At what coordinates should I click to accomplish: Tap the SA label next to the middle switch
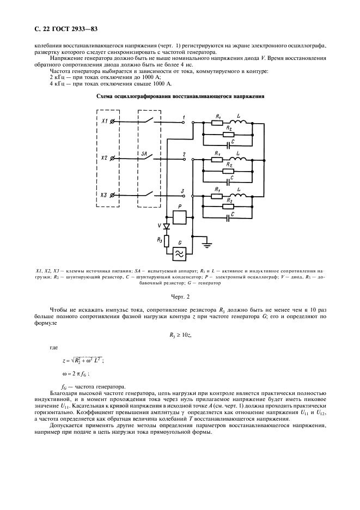[x=145, y=154]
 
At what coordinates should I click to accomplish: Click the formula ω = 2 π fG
[x=79, y=374]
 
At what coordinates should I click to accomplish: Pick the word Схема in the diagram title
[x=107, y=97]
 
